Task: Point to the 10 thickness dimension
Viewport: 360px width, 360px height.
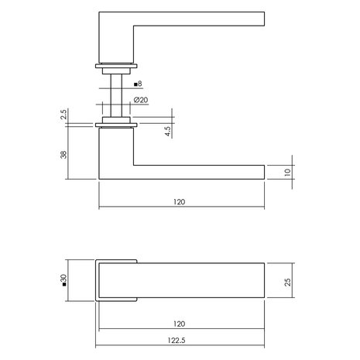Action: pyautogui.click(x=289, y=173)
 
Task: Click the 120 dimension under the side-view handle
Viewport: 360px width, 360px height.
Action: pyautogui.click(x=179, y=201)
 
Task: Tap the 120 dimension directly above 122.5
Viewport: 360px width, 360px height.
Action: pyautogui.click(x=180, y=326)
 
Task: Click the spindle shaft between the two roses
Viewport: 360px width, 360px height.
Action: pyautogui.click(x=117, y=93)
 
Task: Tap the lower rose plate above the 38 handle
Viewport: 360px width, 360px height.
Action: pyautogui.click(x=117, y=123)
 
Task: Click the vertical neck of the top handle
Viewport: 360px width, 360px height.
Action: pyautogui.click(x=117, y=39)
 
